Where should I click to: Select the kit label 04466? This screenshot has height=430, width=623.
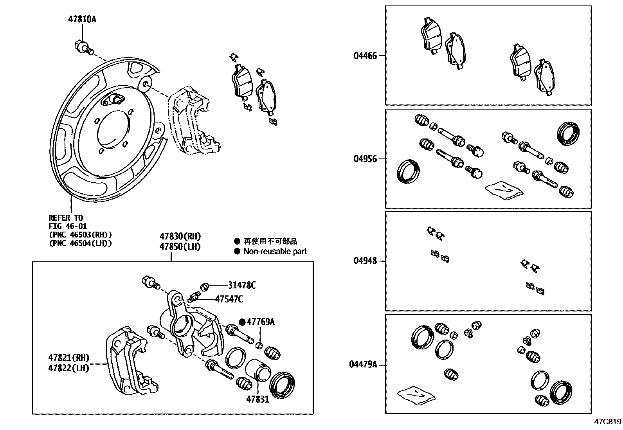[365, 56]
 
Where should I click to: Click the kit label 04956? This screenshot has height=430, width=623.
[365, 159]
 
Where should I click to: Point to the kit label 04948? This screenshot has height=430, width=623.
[365, 261]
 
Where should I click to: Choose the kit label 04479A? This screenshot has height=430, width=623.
[363, 365]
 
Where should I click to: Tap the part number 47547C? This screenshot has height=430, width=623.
[229, 299]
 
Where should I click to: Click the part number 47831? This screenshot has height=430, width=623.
[257, 399]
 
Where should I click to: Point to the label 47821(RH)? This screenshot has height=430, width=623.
[69, 358]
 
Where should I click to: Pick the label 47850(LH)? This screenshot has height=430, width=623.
[180, 246]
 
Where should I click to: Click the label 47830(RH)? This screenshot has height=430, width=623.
[180, 236]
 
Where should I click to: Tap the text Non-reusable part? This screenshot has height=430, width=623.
[275, 252]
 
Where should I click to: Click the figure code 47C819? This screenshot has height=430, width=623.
[608, 422]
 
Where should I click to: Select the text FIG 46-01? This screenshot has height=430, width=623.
[68, 226]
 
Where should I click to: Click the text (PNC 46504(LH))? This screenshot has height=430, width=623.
[80, 243]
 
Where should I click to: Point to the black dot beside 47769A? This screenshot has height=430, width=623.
[242, 322]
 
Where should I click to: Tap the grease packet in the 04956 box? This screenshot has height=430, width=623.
[504, 190]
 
